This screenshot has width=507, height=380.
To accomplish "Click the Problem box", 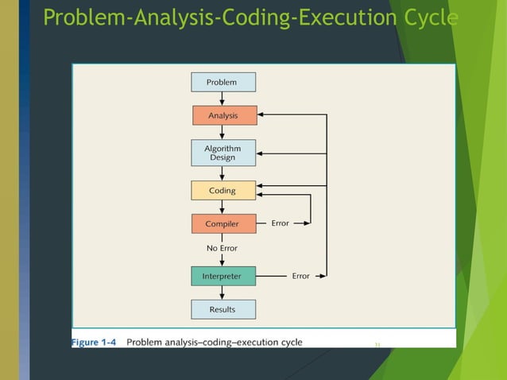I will (223, 82).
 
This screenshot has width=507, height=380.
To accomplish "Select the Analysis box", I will (224, 115).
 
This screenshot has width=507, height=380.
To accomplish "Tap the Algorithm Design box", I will (224, 153).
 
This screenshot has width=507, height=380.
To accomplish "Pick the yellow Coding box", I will (223, 191).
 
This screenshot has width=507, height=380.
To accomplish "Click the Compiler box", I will (223, 223).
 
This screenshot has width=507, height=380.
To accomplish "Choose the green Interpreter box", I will (223, 276).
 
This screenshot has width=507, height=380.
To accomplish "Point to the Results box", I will (223, 308).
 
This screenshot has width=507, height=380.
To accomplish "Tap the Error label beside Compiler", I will (281, 223).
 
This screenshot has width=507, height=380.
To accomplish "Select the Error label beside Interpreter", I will (300, 276).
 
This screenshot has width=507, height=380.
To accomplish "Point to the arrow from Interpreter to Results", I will (223, 293).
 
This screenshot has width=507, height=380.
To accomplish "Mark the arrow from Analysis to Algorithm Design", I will (223, 133).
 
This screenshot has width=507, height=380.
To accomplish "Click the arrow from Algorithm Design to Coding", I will (223, 173).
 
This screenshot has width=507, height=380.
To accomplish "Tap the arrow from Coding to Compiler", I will (223, 207).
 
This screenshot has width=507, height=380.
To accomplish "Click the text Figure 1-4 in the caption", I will (95, 343).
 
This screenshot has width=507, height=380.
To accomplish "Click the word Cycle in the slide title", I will (433, 17).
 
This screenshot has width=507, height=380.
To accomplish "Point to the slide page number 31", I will (377, 344).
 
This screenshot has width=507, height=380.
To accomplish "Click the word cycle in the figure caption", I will (288, 343).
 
